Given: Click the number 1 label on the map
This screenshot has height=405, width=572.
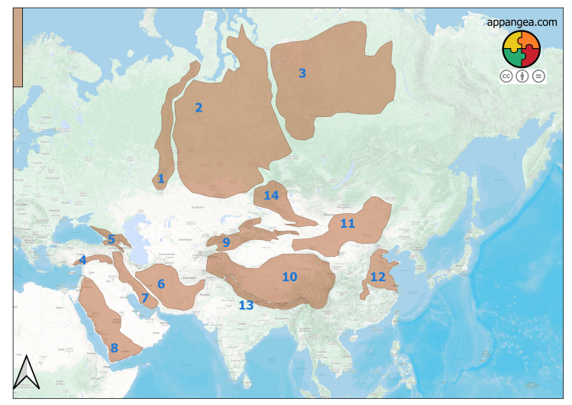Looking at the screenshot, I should [160, 179].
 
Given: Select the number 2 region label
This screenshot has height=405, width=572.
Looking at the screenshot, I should [199, 108].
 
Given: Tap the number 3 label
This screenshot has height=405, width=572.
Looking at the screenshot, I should [302, 73].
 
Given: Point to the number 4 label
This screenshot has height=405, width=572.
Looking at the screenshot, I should [82, 260].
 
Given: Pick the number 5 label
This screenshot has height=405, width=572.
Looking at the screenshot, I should [111, 240].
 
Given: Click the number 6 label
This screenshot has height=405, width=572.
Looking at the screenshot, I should [161, 284].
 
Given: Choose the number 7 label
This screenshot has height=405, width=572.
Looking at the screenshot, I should [144, 298].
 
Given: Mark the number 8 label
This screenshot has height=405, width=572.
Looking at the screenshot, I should [114, 348].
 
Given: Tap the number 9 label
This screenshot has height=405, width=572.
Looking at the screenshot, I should [226, 243].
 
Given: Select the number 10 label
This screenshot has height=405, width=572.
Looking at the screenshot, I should [289, 277].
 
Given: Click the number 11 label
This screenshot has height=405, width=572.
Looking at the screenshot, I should [347, 224].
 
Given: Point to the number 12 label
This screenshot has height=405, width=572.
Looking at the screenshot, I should [378, 277].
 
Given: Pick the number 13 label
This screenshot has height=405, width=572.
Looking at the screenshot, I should [245, 306].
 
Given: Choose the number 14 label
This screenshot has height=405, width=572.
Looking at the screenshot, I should [271, 196].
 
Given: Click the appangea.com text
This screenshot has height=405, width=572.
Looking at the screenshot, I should [522, 22].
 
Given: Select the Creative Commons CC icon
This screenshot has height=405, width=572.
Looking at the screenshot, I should [506, 76].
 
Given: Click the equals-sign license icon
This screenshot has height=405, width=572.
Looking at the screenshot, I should [538, 76].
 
